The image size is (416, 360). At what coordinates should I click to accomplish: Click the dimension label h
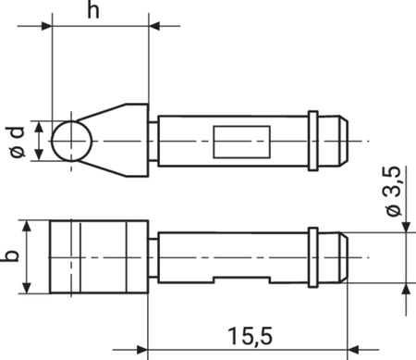[x=93, y=9]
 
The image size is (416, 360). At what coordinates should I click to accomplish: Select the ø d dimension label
[x=17, y=142]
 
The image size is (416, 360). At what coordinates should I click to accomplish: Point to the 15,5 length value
[x=251, y=336]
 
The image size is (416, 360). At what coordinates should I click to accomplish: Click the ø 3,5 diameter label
[x=394, y=192]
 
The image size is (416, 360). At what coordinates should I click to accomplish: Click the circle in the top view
[x=72, y=141]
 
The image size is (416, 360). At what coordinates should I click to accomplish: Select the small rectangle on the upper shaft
[x=242, y=142]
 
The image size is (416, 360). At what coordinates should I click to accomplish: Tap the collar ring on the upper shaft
[x=313, y=141]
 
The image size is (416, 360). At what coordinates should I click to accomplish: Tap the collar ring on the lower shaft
[x=313, y=257]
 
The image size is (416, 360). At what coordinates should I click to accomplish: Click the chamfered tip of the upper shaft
[x=344, y=141]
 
